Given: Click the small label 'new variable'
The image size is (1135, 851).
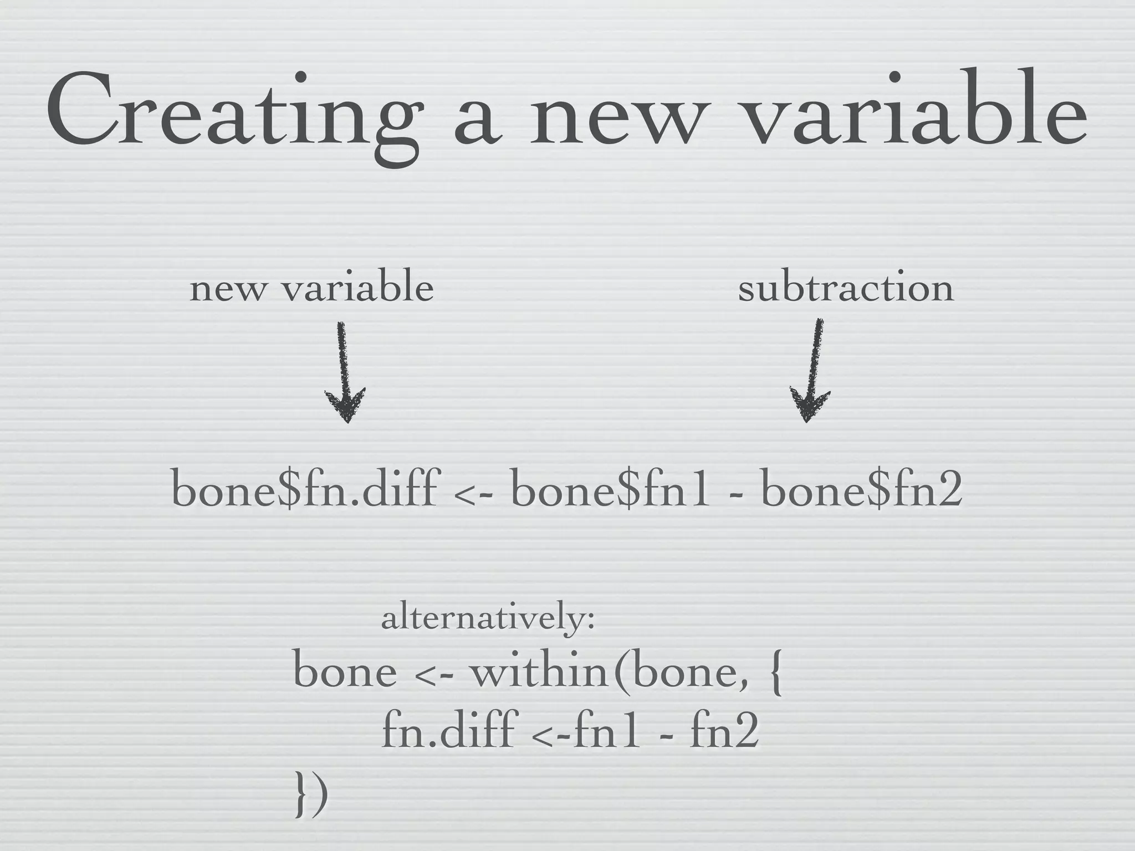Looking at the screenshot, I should (311, 289).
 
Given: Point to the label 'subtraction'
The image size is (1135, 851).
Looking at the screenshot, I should (846, 289).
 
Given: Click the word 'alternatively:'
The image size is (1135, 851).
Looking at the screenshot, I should (488, 618).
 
